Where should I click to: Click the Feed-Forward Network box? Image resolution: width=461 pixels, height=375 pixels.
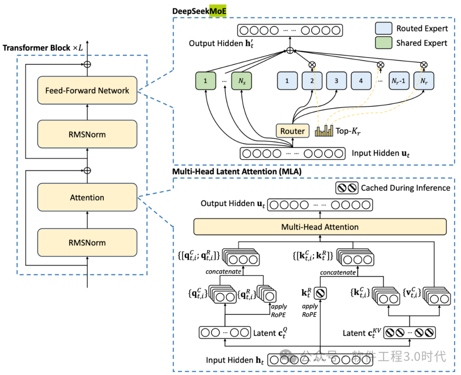[x=87, y=91]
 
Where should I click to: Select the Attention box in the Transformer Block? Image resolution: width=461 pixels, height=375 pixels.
[x=87, y=198]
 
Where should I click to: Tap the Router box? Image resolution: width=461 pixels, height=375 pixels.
[x=292, y=131]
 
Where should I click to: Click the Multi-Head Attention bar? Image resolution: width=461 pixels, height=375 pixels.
[x=320, y=227]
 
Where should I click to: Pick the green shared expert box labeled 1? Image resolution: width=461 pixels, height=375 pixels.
[x=206, y=80]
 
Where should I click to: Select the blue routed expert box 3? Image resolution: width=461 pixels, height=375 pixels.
[x=336, y=80]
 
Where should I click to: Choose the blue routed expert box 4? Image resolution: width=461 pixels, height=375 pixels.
[x=362, y=80]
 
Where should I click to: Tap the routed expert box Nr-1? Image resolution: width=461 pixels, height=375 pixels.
[x=399, y=80]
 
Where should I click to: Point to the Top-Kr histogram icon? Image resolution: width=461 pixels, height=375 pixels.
[x=324, y=131]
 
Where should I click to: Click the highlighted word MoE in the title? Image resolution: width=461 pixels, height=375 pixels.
[x=218, y=11]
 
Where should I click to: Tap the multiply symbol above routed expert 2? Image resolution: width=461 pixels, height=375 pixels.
[x=312, y=65]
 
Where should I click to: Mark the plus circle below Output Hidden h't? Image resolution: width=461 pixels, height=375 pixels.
[x=290, y=50]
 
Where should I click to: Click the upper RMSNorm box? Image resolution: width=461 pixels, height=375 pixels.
[x=87, y=134]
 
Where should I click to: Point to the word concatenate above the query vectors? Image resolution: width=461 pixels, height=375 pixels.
[x=222, y=272]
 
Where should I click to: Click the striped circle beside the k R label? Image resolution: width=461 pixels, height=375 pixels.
[x=321, y=294]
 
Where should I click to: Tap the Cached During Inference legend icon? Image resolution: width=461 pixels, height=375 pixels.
[x=346, y=188]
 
